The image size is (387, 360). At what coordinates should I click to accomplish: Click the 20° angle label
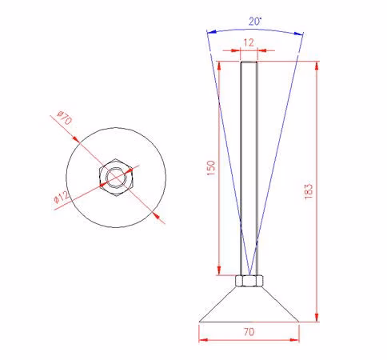(x=255, y=21)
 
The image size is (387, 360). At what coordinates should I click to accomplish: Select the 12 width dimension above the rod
(x=249, y=42)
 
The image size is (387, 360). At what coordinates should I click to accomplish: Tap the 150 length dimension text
(x=211, y=168)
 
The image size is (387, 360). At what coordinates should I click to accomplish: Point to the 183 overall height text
(x=309, y=191)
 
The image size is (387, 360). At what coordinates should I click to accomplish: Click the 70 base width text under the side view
(x=249, y=332)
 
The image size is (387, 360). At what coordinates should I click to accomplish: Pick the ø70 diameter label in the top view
(x=65, y=118)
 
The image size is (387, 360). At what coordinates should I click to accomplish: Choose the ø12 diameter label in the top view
(x=61, y=198)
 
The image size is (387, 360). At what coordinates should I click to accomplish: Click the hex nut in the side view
(x=249, y=281)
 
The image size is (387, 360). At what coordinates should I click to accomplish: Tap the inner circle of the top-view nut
(x=116, y=177)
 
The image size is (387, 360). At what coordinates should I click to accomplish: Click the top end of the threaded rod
(x=249, y=62)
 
